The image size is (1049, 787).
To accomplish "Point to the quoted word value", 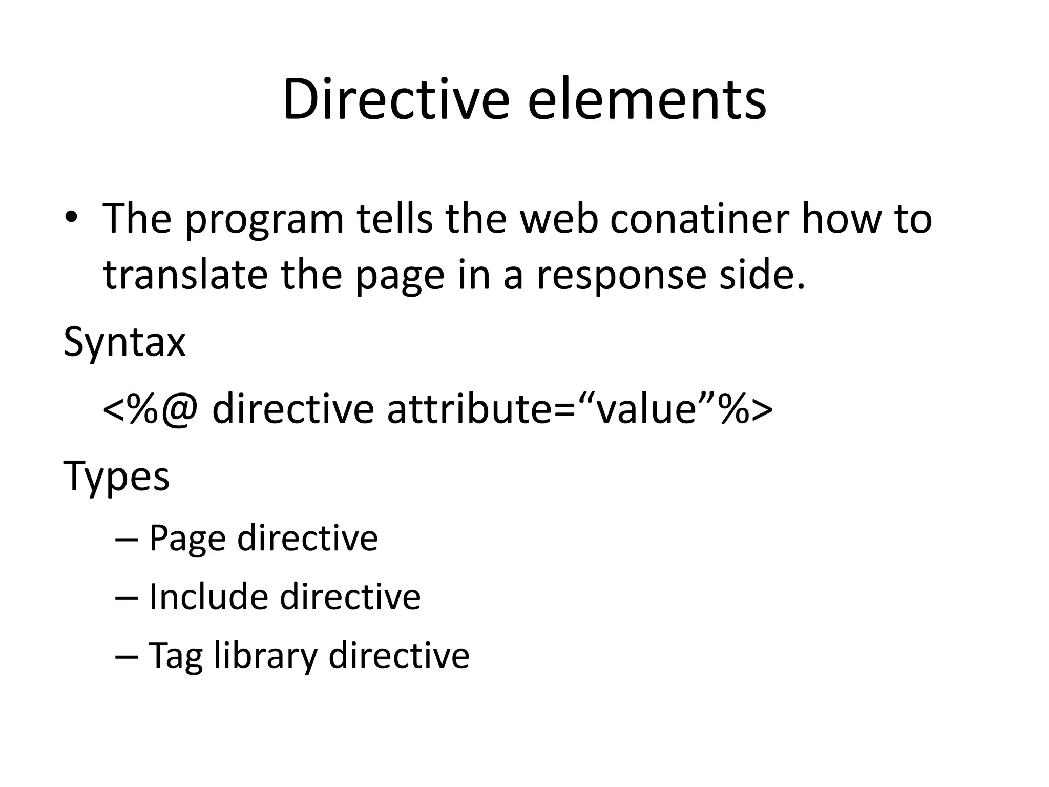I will click(648, 409).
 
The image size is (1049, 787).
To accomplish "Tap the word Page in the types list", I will click(187, 539).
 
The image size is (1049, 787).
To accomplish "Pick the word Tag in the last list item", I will click(175, 656).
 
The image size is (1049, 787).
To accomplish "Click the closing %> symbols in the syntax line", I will click(745, 409).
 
